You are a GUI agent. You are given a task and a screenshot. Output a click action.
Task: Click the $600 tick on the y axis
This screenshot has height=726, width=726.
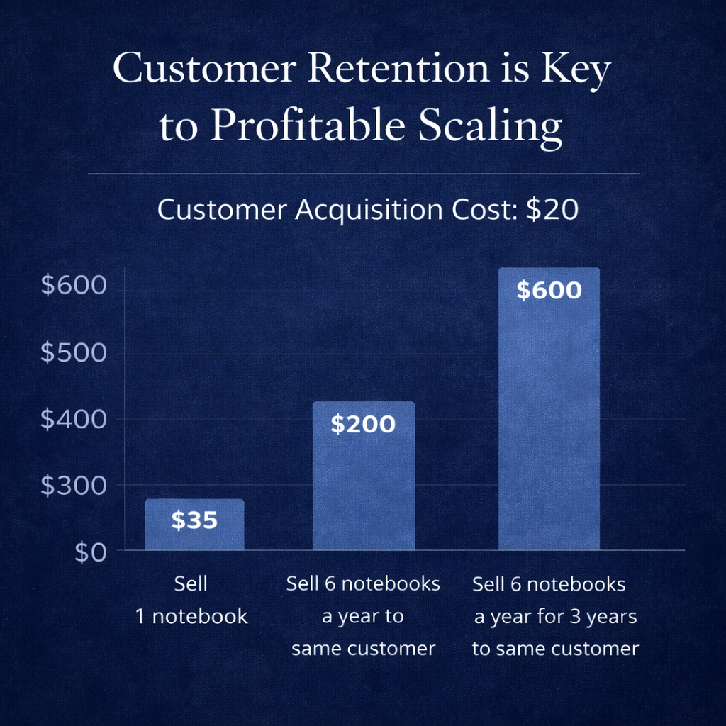(74, 286)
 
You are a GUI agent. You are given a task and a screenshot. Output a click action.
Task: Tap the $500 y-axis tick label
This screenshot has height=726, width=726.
(74, 353)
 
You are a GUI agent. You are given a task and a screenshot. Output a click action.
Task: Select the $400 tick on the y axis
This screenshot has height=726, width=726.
(74, 420)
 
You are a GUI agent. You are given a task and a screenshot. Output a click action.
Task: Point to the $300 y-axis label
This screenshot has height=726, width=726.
(74, 486)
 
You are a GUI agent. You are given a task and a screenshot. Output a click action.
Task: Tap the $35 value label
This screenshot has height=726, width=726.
(194, 521)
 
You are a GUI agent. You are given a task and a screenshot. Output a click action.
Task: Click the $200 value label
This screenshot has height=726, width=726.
(363, 425)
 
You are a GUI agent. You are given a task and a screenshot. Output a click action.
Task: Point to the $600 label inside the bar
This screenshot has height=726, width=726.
(549, 291)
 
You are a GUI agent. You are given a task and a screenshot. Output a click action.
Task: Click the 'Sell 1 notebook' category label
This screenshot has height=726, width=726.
(191, 600)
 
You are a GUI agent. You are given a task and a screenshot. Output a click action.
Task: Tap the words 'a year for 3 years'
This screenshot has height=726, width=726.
(556, 617)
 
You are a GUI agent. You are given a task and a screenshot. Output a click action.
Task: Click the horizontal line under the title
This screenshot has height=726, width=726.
(363, 173)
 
